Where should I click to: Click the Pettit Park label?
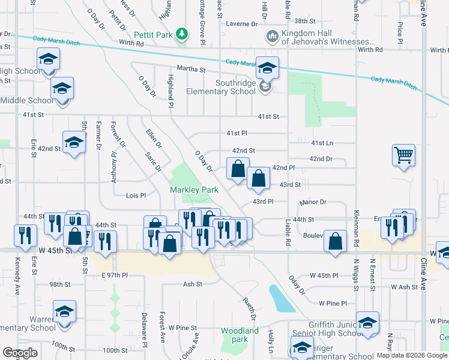[154, 34]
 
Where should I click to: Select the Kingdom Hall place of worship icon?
[272, 37]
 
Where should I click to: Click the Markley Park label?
[193, 190]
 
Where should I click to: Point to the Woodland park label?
[240, 335]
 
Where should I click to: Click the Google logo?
[20, 353]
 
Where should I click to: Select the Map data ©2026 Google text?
[412, 355]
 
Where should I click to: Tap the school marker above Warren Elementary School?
[64, 312]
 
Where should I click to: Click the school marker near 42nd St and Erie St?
[74, 143]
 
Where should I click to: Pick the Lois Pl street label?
[136, 196]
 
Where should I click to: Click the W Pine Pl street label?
[333, 303]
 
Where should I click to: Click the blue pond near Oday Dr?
[281, 298]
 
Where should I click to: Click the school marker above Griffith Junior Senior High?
[367, 323]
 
